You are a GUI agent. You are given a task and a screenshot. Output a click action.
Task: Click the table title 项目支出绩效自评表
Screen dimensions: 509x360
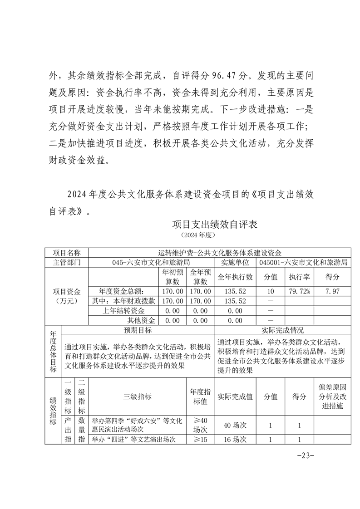pos(215,225)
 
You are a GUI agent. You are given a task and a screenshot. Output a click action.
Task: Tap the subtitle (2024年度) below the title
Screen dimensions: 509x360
pos(197,235)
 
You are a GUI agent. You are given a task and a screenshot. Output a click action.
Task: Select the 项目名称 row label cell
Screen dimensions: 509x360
pos(67,253)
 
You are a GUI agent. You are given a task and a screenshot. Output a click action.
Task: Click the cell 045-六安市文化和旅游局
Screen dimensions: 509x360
pos(151,262)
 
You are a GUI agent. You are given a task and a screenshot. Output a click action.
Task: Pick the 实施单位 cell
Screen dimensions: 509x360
pos(235,262)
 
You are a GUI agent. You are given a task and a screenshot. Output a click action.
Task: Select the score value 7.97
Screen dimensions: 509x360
pos(332,291)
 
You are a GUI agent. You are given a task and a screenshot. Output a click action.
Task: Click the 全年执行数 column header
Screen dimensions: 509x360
pos(235,276)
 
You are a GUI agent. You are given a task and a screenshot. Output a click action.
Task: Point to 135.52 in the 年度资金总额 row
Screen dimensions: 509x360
pos(235,291)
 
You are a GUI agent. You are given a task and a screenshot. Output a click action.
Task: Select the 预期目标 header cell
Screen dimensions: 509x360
pos(138,330)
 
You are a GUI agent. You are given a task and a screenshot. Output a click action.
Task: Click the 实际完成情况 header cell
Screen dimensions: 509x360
pos(283,330)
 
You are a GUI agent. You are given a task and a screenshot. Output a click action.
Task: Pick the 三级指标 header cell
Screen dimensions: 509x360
pos(138,396)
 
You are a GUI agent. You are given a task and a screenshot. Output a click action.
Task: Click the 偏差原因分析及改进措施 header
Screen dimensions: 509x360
pos(332,396)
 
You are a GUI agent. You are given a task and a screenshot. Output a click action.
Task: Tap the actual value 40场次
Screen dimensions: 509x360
pos(235,425)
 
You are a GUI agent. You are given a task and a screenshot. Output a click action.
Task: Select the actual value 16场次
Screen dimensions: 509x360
pos(235,440)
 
